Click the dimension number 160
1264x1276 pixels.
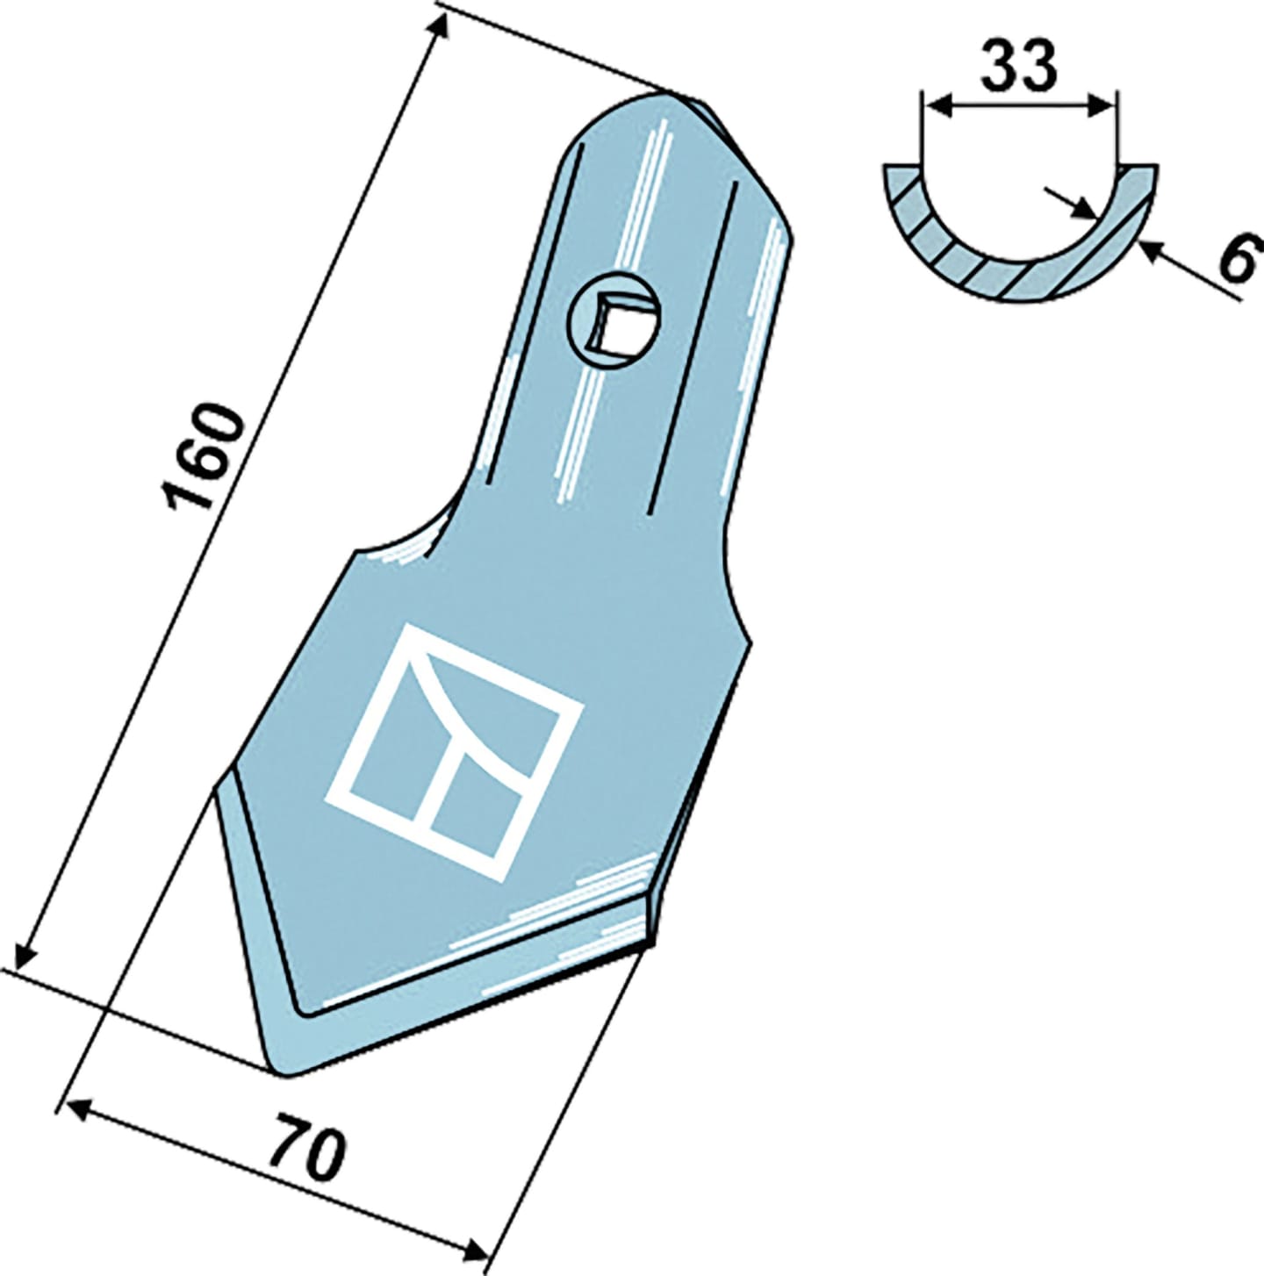(x=202, y=458)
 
